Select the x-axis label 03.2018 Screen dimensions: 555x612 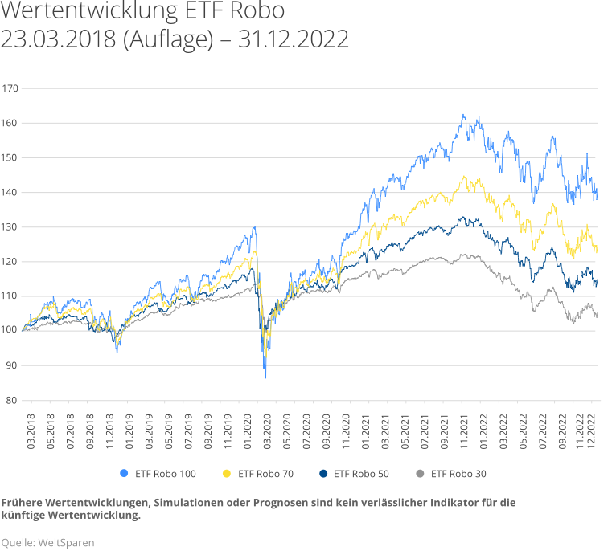[x=31, y=426]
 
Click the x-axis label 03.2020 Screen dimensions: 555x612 [x=268, y=426]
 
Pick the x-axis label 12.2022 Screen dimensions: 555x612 [x=594, y=426]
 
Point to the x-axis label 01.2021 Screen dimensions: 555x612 [x=367, y=426]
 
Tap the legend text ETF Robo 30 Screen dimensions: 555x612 [x=458, y=473]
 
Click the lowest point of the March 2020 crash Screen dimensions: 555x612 [x=265, y=377]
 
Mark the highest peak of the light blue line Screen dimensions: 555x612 [x=464, y=114]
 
